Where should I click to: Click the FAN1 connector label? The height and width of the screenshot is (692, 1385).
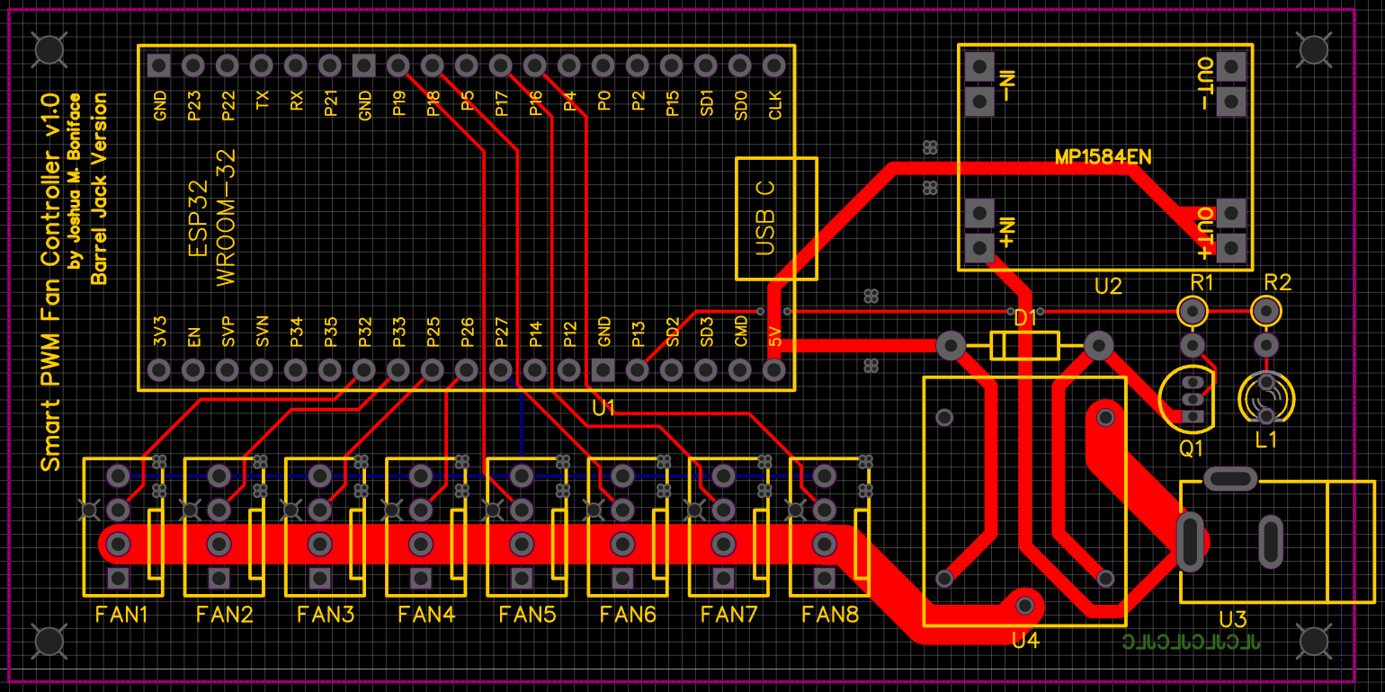pyautogui.click(x=121, y=616)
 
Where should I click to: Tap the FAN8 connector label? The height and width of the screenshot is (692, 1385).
pyautogui.click(x=829, y=616)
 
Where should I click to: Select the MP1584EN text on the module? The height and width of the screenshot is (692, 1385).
pyautogui.click(x=1103, y=157)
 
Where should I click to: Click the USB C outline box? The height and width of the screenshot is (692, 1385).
pyautogui.click(x=776, y=218)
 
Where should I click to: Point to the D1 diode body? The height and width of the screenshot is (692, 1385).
pyautogui.click(x=1024, y=345)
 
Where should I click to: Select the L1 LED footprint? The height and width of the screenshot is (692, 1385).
pyautogui.click(x=1265, y=398)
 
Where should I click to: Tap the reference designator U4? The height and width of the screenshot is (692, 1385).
pyautogui.click(x=1025, y=641)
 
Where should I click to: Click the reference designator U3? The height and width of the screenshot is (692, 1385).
pyautogui.click(x=1232, y=620)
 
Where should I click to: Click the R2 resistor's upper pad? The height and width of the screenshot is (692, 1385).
pyautogui.click(x=1265, y=311)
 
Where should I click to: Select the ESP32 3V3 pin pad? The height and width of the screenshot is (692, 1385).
pyautogui.click(x=159, y=369)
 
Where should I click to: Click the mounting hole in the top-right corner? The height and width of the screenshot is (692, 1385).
pyautogui.click(x=1313, y=49)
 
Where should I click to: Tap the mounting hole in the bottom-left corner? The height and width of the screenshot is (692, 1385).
pyautogui.click(x=49, y=641)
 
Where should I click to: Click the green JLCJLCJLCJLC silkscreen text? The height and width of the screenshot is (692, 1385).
pyautogui.click(x=1192, y=642)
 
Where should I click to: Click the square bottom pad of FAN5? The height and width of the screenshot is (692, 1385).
pyautogui.click(x=521, y=578)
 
